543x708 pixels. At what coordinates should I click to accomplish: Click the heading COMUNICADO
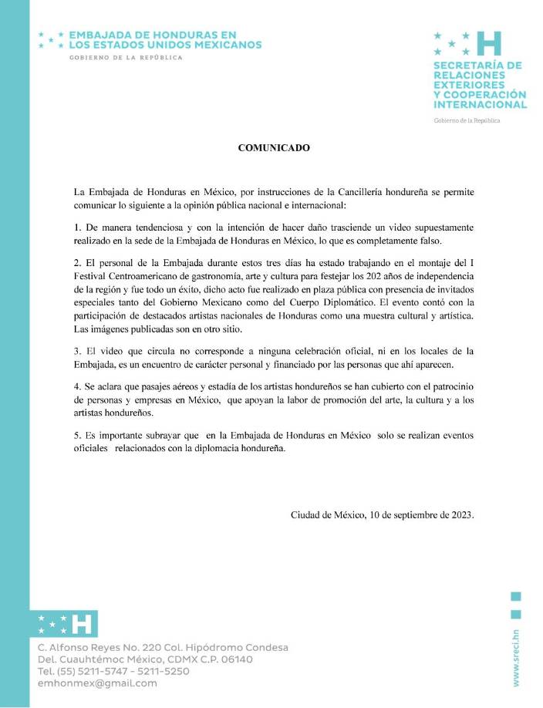[274, 148]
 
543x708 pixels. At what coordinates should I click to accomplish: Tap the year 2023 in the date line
[460, 515]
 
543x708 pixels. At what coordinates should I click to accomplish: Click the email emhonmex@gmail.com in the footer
[97, 683]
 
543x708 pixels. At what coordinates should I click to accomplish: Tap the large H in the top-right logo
[490, 44]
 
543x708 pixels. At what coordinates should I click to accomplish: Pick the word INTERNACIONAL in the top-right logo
[480, 104]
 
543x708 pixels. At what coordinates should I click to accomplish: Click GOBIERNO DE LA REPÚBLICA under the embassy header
[126, 58]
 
